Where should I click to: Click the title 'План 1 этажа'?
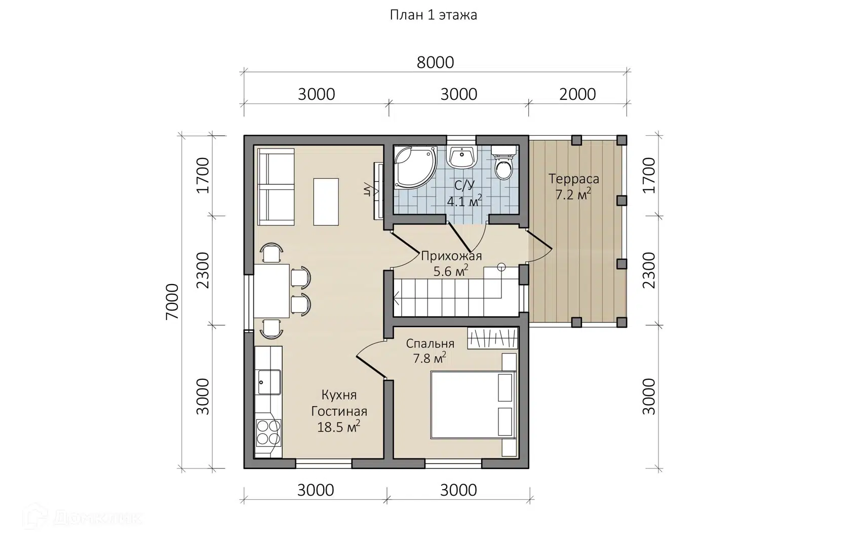click(433, 15)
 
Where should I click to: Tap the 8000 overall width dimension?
click(435, 63)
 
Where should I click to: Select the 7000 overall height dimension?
click(172, 301)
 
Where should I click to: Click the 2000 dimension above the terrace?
click(577, 94)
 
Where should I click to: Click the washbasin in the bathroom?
click(462, 157)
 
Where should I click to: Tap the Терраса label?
click(574, 179)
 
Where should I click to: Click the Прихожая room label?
click(451, 256)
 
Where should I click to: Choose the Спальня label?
click(430, 343)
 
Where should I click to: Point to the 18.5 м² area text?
click(338, 426)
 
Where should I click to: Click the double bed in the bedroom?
click(473, 405)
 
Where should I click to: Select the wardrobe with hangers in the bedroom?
click(493, 338)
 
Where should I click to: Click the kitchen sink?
click(269, 382)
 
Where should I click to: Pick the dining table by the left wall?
click(271, 291)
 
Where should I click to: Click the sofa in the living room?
click(276, 187)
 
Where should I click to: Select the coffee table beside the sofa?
click(326, 202)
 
